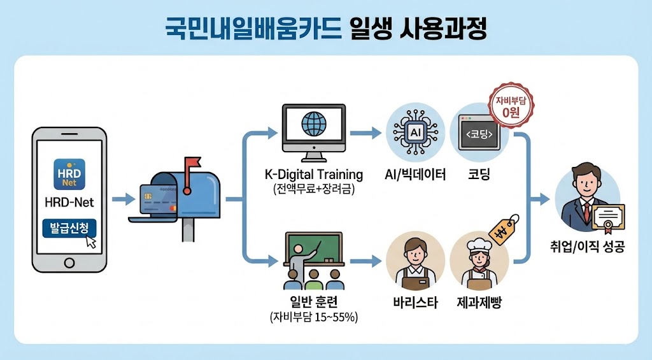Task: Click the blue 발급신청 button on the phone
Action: [x=69, y=228]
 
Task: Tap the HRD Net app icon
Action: [x=69, y=173]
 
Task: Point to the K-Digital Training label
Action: [x=313, y=175]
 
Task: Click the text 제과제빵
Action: [x=479, y=302]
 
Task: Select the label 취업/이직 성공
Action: [x=588, y=247]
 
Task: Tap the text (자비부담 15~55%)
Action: [x=313, y=317]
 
